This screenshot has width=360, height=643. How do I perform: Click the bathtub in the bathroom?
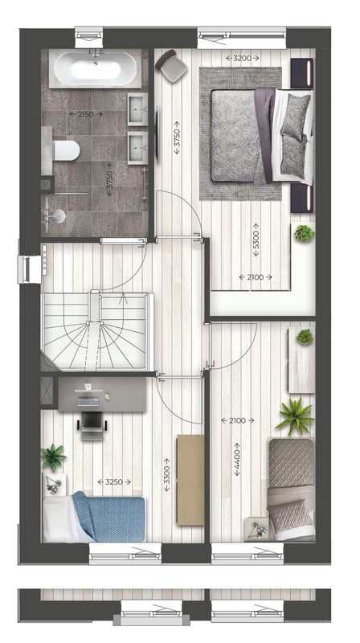pos(96,68)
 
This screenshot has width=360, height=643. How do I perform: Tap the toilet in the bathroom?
pos(66,150)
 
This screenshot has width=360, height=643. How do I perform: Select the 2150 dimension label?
pos(86,114)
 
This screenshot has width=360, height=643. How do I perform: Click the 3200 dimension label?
pos(243,58)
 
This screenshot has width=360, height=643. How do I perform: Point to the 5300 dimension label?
pos(256,240)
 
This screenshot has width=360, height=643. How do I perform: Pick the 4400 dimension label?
pos(237,459)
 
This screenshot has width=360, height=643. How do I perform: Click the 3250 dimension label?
pos(114,481)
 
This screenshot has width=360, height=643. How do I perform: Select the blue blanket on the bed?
pos(109,516)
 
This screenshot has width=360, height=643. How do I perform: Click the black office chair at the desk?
pos(92,425)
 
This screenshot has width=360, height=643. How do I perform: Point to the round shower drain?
pos(59,215)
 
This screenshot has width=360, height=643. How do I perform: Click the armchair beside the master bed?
pos(172,67)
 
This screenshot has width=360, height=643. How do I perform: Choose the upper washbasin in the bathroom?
pos(137,109)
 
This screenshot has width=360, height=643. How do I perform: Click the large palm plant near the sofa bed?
pos(295,416)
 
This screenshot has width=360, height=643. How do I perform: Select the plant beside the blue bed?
pos(53,457)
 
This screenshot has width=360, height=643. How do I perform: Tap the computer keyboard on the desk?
pos(88,403)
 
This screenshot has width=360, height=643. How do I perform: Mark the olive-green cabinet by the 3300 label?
pos(190,480)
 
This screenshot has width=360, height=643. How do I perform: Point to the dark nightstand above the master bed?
pos(302,73)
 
